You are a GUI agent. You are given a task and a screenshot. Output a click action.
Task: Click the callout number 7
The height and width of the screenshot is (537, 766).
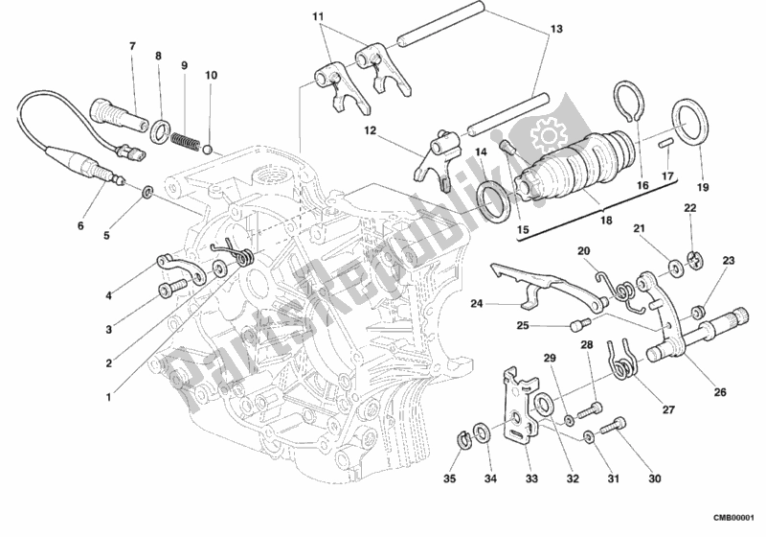(x=132, y=46)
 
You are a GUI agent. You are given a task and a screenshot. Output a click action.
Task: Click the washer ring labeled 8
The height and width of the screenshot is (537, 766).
(x=162, y=128)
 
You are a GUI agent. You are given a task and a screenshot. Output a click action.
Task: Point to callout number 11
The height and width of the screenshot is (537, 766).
(x=317, y=17)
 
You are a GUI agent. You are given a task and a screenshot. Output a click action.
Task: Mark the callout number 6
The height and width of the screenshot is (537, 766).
(x=81, y=227)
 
